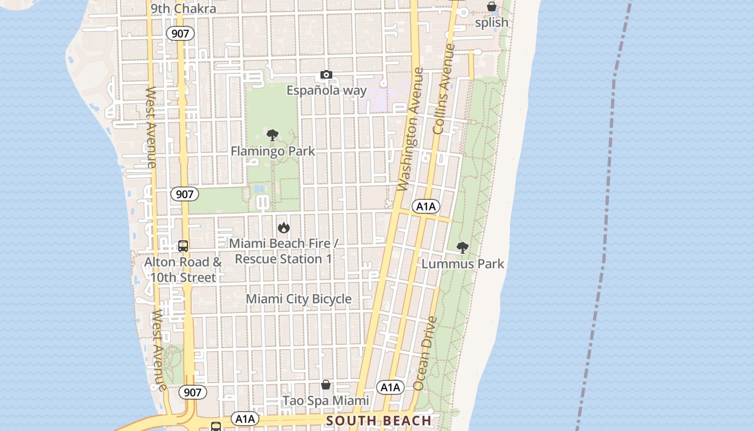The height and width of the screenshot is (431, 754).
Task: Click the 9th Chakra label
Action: pos(183,9)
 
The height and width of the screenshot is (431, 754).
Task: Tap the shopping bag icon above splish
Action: pos(492,7)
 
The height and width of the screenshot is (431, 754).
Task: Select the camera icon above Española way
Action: pos(326,75)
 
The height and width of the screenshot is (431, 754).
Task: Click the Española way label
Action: pos(326,91)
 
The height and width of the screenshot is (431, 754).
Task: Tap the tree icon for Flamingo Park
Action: pos(273,135)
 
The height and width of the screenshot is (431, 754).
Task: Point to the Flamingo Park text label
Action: pos(273,151)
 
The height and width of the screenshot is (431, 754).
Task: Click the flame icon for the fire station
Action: pos(284,228)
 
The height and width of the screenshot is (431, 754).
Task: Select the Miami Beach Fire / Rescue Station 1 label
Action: pos(284,251)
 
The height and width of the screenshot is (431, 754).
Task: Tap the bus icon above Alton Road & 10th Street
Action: pos(183,246)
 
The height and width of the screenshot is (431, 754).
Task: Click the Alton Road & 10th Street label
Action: pos(183,270)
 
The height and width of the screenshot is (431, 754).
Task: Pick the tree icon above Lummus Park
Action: pos(462,248)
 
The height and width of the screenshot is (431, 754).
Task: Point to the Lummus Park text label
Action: pos(463,264)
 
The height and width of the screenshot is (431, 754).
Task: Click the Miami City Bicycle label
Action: pos(298,299)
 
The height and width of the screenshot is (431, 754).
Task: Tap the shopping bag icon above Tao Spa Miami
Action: pos(326,385)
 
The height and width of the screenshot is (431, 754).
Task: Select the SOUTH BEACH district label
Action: pos(379,421)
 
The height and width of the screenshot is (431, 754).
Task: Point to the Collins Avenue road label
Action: pos(444,89)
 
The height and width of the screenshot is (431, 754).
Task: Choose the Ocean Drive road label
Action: pos(425,353)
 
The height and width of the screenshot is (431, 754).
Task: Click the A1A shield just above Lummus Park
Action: pos(426,206)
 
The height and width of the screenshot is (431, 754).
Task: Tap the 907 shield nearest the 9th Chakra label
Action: pos(180,33)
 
